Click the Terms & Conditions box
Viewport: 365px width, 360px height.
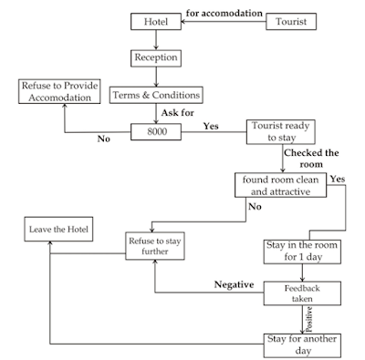point(156,95)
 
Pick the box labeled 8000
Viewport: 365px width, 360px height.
point(156,132)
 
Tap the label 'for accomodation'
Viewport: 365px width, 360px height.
point(224,14)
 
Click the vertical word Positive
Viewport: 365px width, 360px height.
point(308,318)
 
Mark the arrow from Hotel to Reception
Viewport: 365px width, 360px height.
point(156,39)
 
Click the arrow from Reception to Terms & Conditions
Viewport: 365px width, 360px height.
point(156,77)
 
